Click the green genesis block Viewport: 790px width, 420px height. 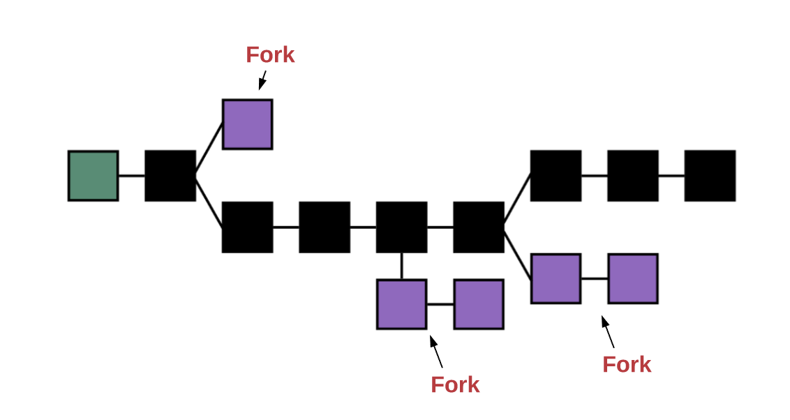93,176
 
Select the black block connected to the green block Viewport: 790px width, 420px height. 170,176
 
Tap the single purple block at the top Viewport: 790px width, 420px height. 247,124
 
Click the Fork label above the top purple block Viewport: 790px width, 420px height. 270,55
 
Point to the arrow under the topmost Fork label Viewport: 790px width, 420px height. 262,80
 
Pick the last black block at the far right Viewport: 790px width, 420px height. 710,176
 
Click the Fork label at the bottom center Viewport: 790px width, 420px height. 455,384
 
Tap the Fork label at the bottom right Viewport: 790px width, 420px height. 627,364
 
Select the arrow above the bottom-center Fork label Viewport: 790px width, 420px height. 436,352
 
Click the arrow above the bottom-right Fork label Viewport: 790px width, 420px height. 608,332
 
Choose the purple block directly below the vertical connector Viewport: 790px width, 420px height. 401,304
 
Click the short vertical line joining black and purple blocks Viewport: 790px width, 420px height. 401,266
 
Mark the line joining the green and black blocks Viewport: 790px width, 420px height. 131,176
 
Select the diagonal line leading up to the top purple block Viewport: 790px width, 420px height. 209,148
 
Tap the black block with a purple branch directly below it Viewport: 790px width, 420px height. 401,227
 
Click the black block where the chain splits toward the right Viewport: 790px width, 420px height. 479,227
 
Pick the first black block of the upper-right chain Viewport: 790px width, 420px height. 556,176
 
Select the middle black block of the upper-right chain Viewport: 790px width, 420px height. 633,176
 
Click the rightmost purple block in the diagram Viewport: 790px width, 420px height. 633,278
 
